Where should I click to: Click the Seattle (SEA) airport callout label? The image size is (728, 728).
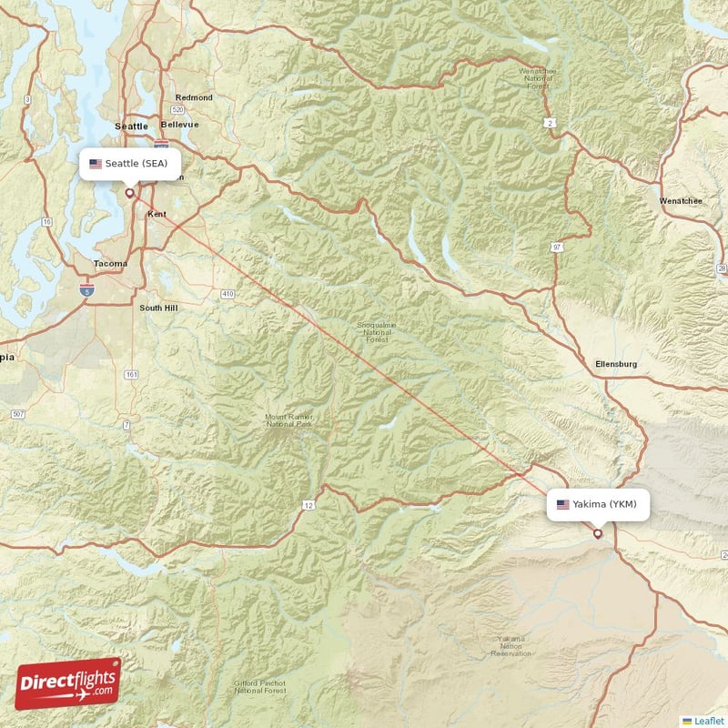coord(129,164)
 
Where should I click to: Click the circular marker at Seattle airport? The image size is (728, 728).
coord(129,192)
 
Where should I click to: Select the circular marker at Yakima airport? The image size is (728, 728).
coord(597,533)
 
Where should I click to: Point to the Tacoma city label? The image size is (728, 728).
coord(111,264)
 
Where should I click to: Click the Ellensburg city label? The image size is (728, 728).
coord(615,364)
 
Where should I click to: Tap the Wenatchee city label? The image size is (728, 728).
coord(680,200)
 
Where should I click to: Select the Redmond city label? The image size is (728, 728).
coord(194,97)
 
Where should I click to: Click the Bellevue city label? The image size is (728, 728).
coord(178,124)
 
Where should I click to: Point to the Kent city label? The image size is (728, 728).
coord(157,214)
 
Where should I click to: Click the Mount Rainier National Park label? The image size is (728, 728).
coord(288,420)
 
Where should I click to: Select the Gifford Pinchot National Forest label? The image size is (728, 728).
coord(260,686)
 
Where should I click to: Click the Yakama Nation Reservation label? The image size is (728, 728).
coord(511,646)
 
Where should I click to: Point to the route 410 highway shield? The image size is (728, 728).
coord(227,294)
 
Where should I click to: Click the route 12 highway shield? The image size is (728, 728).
coord(308,504)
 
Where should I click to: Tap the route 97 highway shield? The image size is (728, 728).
coord(556,247)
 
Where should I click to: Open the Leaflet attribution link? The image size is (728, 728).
coord(708,720)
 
